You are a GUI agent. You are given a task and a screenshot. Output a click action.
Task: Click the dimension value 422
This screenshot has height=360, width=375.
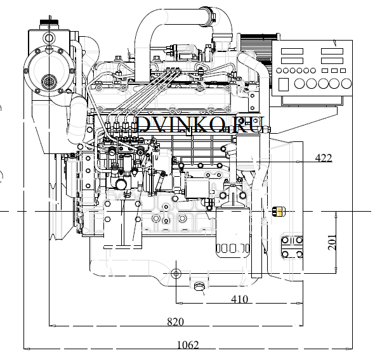(324, 158)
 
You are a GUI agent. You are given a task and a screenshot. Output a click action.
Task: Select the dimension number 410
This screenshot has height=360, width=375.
(240, 299)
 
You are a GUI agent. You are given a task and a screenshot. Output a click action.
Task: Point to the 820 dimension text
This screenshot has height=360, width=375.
(176, 322)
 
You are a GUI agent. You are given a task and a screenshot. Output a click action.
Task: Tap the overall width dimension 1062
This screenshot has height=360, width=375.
(188, 345)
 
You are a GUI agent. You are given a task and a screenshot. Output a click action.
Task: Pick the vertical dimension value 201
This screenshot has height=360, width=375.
(332, 242)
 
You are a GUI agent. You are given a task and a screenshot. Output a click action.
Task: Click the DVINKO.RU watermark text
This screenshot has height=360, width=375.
(201, 124)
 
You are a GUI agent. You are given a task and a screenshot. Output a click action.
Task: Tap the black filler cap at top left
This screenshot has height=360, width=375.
(49, 22)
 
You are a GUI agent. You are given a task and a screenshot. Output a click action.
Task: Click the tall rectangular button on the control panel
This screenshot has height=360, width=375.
(284, 84)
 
